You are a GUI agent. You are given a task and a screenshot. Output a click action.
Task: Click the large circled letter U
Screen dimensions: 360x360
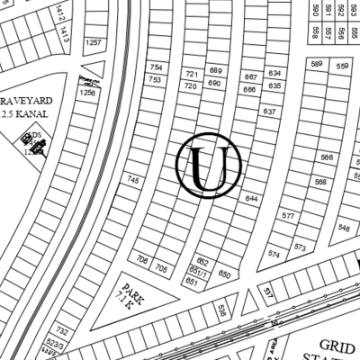pyautogui.click(x=208, y=166)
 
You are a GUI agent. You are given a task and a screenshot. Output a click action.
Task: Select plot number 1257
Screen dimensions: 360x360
pyautogui.click(x=93, y=42)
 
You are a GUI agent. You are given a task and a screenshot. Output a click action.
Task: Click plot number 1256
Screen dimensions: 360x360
pyautogui.click(x=87, y=93)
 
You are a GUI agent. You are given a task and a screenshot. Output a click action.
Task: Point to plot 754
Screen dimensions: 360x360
pyautogui.click(x=157, y=67)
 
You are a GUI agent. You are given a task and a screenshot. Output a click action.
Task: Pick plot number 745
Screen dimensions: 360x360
pyautogui.click(x=133, y=181)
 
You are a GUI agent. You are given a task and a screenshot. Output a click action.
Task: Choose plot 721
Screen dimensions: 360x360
pyautogui.click(x=191, y=73)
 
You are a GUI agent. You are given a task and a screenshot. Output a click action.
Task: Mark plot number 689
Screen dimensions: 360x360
pyautogui.click(x=215, y=70)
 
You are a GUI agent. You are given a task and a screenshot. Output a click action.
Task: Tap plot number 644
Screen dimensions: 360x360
pyautogui.click(x=251, y=198)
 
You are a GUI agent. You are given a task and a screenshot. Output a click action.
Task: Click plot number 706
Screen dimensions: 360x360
pyautogui.click(x=142, y=260)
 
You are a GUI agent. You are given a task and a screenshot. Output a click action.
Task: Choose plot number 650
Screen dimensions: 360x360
pyautogui.click(x=225, y=274)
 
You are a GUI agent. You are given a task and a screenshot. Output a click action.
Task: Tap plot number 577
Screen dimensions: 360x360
pyautogui.click(x=287, y=217)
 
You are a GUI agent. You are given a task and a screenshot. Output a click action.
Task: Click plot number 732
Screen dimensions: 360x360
pyautogui.click(x=62, y=331)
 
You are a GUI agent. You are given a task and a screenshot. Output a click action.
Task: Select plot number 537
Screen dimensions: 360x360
pyautogui.click(x=267, y=292)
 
